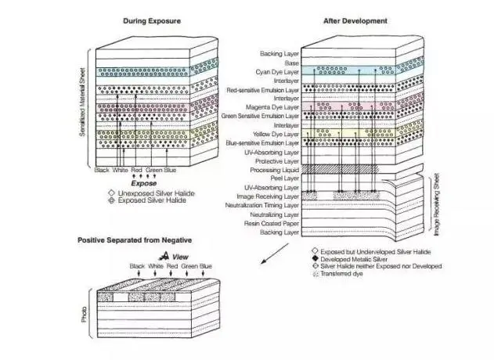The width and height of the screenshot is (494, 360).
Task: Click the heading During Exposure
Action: [x=152, y=21]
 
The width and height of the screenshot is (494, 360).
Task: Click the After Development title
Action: [x=355, y=21]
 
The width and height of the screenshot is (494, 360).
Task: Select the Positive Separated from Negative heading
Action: [x=135, y=240]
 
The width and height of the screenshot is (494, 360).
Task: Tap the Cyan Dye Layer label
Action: [x=277, y=72]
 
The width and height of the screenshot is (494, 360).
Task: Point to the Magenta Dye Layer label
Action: [x=272, y=107]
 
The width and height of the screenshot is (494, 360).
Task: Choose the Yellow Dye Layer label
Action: [x=276, y=135]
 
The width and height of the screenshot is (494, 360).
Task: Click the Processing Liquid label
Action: [x=275, y=170]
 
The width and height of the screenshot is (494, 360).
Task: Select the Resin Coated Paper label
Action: [x=272, y=224]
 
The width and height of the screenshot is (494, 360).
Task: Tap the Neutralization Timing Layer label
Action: [x=261, y=205]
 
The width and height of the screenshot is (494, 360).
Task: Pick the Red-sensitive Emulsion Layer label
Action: [x=263, y=91]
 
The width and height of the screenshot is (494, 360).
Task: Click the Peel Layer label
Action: [x=284, y=178]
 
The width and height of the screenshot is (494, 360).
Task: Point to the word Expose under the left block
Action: [x=144, y=183]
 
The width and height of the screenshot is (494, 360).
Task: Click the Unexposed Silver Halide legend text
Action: [x=156, y=193]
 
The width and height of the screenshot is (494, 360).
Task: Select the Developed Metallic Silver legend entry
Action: [x=354, y=259]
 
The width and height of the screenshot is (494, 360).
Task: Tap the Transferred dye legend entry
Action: [x=341, y=274]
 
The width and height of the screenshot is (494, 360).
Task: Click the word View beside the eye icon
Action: [x=180, y=257]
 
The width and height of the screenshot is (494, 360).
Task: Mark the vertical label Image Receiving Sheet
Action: [x=436, y=204]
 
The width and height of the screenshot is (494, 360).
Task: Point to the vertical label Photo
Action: [x=84, y=315]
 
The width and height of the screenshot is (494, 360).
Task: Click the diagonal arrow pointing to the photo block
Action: [x=275, y=254]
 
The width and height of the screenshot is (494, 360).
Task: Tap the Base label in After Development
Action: [x=292, y=63]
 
